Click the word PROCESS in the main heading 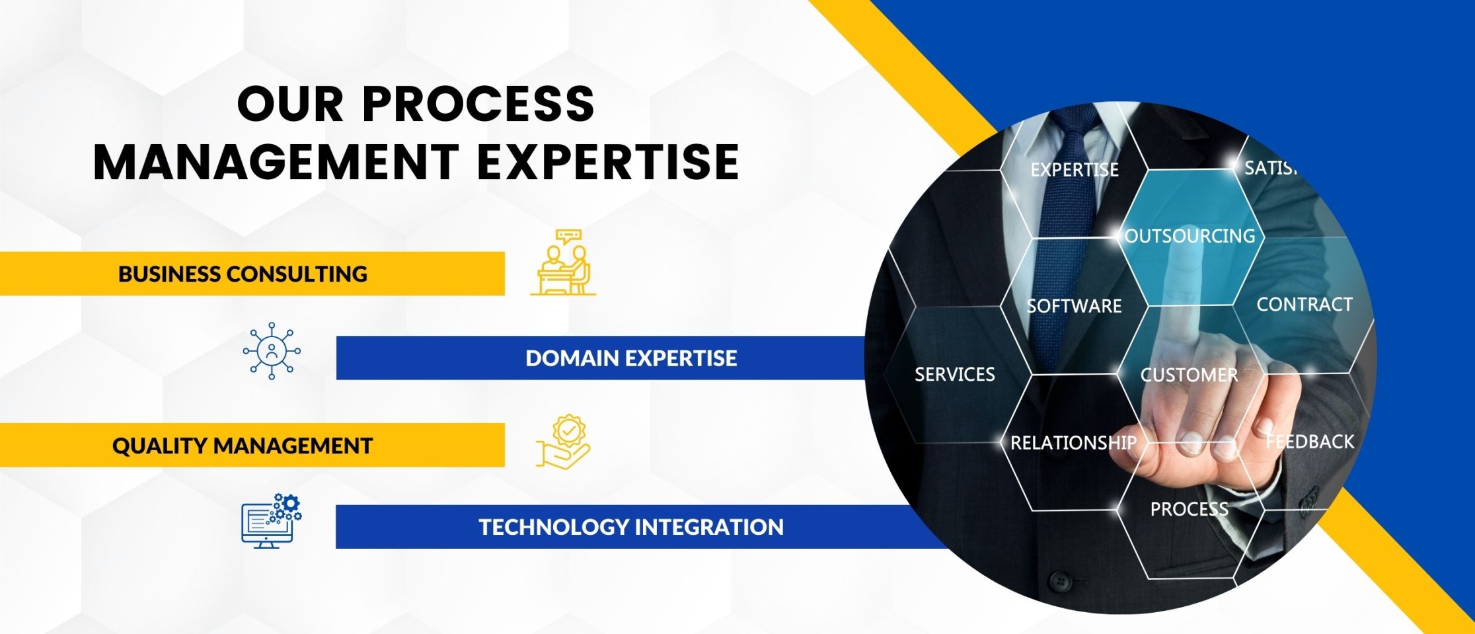(x=478, y=104)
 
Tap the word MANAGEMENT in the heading (x=277, y=162)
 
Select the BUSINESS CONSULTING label (x=243, y=274)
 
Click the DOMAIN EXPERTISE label (x=631, y=358)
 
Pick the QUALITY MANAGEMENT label (x=243, y=446)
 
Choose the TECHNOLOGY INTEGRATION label (x=631, y=527)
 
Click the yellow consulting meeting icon (x=563, y=262)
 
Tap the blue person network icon (x=272, y=351)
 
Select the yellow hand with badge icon (x=563, y=442)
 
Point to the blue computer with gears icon (x=272, y=521)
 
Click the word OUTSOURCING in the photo (x=1190, y=236)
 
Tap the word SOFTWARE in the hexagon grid (x=1075, y=306)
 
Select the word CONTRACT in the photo (x=1305, y=305)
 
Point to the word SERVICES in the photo (x=955, y=375)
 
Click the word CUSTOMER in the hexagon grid (x=1190, y=376)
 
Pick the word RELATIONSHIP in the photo (x=1073, y=443)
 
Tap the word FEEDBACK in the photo (x=1310, y=442)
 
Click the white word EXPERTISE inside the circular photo (x=1075, y=170)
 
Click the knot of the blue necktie (x=1075, y=120)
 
